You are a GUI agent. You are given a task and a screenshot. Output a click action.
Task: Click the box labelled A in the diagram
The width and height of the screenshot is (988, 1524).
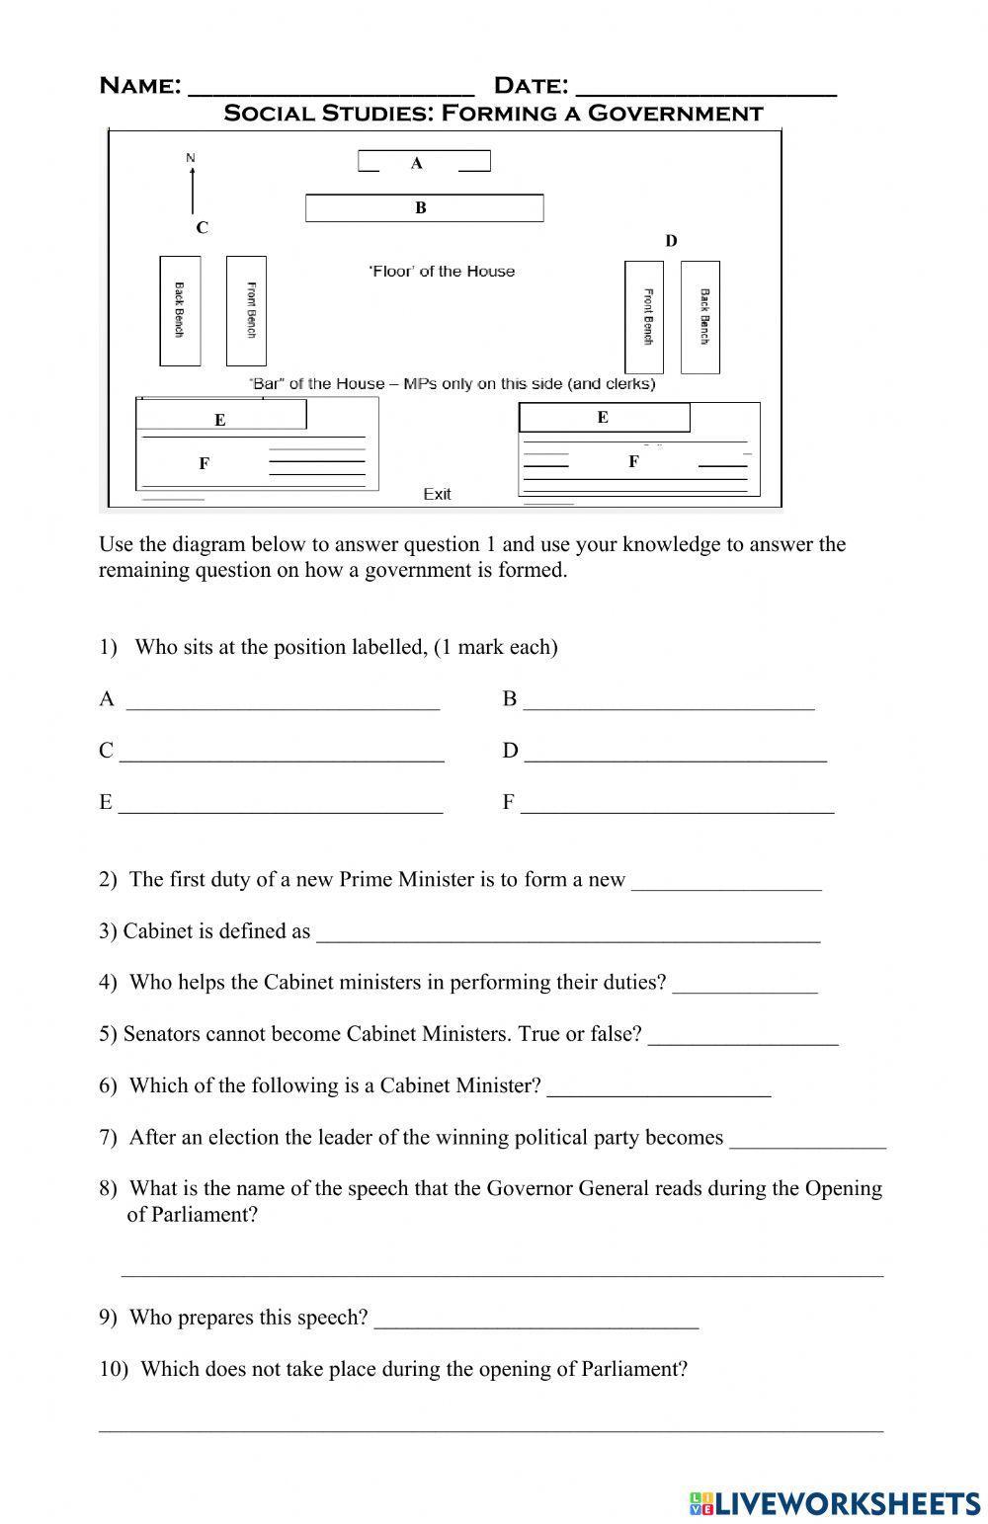(x=423, y=162)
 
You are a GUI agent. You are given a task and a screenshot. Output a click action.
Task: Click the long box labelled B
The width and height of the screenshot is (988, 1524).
(x=424, y=208)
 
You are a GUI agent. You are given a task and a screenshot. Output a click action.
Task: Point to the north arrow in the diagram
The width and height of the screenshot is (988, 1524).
(x=192, y=188)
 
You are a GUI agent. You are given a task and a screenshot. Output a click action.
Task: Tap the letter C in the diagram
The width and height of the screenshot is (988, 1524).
(x=202, y=228)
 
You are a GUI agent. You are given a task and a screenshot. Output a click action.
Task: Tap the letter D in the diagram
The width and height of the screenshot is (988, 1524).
(x=671, y=241)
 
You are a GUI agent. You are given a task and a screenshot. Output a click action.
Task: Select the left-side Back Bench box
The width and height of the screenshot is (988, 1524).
(x=180, y=310)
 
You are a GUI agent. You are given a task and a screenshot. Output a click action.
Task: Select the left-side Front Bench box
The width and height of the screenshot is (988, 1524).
(x=247, y=310)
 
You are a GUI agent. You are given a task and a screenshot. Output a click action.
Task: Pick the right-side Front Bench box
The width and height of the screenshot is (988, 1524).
(x=644, y=317)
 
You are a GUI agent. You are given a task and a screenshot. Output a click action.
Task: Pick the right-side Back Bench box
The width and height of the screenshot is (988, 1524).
(x=700, y=317)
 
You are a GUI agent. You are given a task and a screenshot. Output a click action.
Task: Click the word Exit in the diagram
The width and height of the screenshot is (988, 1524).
(x=437, y=494)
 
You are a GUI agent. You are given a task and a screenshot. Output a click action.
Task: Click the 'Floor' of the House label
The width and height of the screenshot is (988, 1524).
(x=442, y=272)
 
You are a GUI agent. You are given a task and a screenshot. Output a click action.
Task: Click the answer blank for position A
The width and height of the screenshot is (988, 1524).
(x=283, y=702)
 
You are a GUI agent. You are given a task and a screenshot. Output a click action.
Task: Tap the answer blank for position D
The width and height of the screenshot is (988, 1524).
(x=676, y=754)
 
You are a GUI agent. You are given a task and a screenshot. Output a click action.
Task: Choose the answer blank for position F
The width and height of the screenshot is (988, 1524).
(x=678, y=805)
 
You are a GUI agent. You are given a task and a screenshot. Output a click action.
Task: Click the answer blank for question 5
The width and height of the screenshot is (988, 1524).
(x=744, y=1037)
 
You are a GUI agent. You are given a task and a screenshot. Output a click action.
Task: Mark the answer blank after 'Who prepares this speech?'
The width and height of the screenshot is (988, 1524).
(x=536, y=1321)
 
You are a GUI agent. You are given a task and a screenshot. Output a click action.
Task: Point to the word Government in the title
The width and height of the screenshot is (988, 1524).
(x=675, y=114)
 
